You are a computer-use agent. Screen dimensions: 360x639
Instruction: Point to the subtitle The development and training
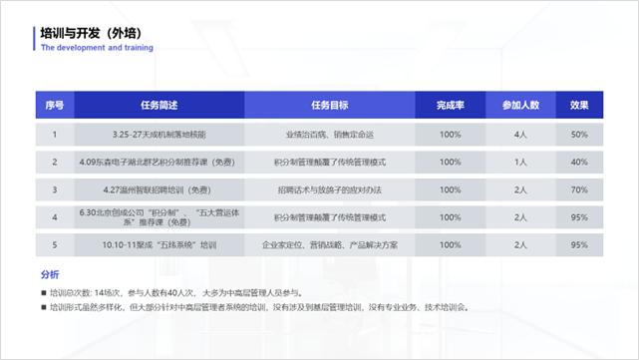pyautogui.click(x=97, y=47)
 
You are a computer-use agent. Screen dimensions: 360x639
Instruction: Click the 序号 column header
pyautogui.click(x=55, y=105)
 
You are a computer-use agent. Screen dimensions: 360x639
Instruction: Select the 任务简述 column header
pyautogui.click(x=159, y=105)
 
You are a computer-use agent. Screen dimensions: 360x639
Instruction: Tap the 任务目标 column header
pyautogui.click(x=330, y=105)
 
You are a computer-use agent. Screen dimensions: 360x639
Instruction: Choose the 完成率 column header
pyautogui.click(x=450, y=105)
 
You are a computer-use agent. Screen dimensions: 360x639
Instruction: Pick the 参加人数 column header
pyautogui.click(x=520, y=105)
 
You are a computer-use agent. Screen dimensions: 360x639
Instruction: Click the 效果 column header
pyautogui.click(x=579, y=105)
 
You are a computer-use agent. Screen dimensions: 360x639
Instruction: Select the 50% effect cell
pyautogui.click(x=579, y=134)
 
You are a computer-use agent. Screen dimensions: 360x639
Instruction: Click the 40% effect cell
pyautogui.click(x=579, y=161)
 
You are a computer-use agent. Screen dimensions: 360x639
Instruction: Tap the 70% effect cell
pyautogui.click(x=579, y=188)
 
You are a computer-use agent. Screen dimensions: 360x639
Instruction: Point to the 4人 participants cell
pyautogui.click(x=520, y=134)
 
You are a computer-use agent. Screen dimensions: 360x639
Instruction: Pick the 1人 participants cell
pyautogui.click(x=520, y=161)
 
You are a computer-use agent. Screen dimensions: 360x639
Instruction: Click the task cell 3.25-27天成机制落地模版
pyautogui.click(x=159, y=134)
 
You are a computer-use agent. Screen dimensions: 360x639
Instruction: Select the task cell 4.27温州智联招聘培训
pyautogui.click(x=159, y=188)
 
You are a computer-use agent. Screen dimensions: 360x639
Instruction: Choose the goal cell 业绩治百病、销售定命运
pyautogui.click(x=330, y=134)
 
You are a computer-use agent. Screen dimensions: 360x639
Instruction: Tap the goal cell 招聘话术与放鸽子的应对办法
pyautogui.click(x=330, y=188)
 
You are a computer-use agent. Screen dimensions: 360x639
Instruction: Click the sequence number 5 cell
pyautogui.click(x=55, y=244)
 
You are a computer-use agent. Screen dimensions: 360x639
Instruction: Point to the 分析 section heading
pyautogui.click(x=50, y=274)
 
